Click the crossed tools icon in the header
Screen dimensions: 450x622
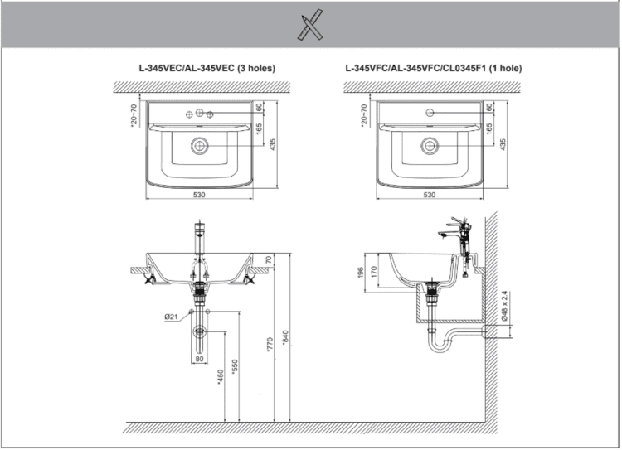tap(309, 25)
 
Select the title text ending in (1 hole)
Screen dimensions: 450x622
tap(434, 68)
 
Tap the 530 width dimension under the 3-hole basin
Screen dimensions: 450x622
tap(200, 195)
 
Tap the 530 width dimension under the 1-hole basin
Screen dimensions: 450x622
tap(429, 195)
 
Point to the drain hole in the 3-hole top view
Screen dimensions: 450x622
tap(200, 145)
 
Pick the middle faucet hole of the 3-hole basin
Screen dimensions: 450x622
tap(200, 112)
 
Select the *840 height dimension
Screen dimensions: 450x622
tap(286, 341)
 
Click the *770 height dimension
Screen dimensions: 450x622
tap(270, 348)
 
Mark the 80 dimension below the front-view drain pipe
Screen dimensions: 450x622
tap(200, 359)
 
